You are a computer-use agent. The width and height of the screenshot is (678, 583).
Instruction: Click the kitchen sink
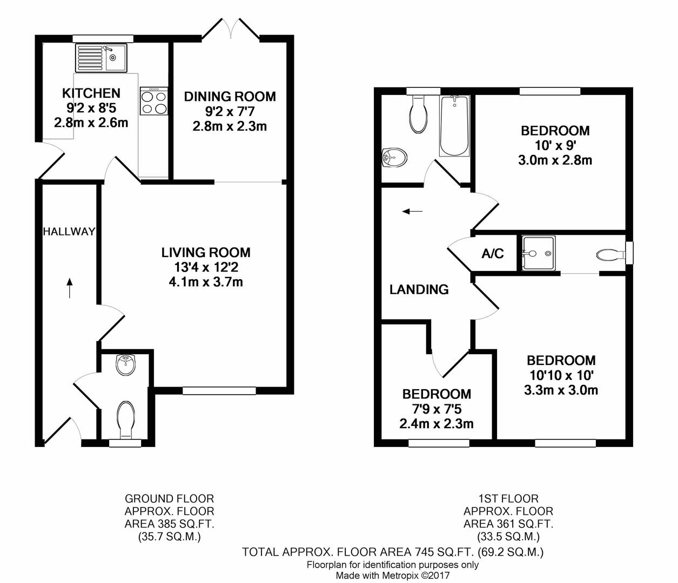[102, 58]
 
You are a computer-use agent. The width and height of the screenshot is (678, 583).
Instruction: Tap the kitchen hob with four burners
[154, 100]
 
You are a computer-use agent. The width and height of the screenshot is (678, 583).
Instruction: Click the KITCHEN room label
[91, 93]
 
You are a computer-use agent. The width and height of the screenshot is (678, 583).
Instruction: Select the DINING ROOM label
[230, 97]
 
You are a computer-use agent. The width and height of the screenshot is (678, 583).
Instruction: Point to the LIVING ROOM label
[206, 252]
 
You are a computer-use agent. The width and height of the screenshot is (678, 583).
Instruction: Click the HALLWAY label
[69, 232]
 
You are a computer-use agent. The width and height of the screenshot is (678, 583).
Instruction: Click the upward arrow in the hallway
[70, 288]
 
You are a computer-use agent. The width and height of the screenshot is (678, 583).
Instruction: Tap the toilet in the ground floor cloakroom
[126, 420]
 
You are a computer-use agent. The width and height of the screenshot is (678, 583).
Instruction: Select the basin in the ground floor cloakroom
[126, 365]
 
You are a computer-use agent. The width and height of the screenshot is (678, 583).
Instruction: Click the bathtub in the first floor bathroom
[454, 126]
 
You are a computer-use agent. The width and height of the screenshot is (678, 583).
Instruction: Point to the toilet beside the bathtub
[419, 114]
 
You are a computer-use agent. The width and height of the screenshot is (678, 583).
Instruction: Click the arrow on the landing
[413, 212]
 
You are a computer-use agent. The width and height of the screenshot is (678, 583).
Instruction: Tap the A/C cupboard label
[493, 253]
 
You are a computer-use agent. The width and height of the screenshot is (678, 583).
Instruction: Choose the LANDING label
[419, 289]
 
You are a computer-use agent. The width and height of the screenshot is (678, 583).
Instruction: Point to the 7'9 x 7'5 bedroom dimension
[437, 409]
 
